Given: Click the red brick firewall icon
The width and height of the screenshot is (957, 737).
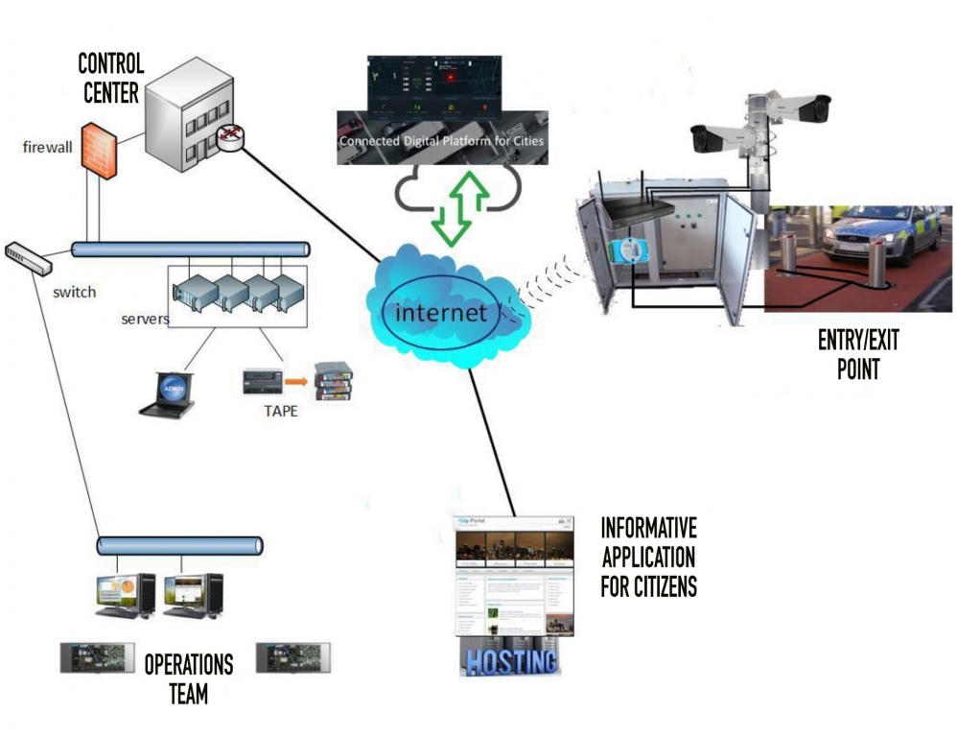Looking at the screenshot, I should click(99, 150).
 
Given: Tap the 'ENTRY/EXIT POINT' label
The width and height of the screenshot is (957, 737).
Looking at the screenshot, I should click(857, 355).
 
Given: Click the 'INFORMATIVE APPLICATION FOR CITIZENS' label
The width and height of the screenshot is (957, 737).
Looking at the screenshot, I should click(648, 557).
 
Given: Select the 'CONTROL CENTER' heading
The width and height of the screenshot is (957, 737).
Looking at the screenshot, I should click(111, 79).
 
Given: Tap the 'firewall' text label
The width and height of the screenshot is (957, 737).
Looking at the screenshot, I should click(47, 148).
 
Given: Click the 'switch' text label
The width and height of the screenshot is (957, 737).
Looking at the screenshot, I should click(73, 292).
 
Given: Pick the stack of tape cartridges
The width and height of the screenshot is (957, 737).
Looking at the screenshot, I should click(332, 381).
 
